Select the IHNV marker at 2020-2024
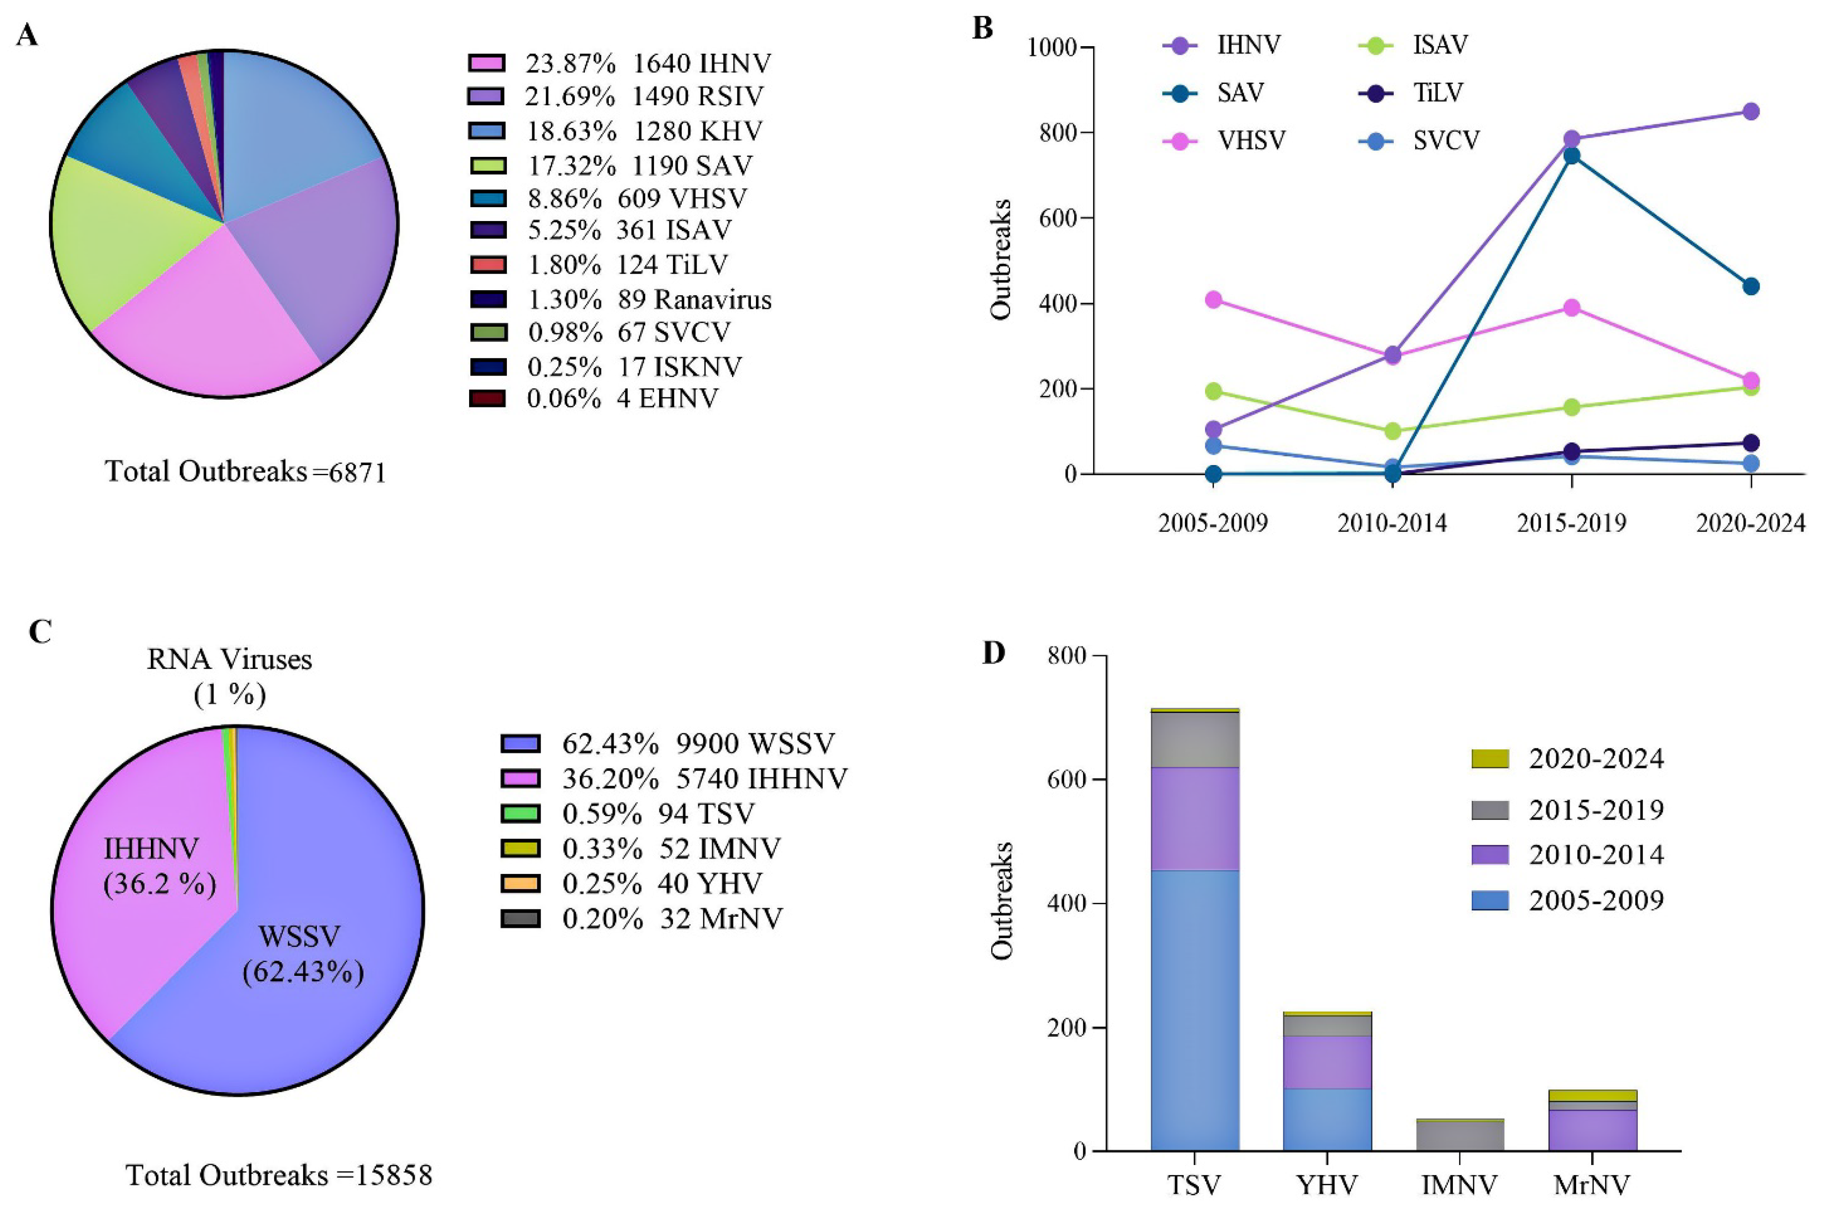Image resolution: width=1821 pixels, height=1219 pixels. click(x=1750, y=111)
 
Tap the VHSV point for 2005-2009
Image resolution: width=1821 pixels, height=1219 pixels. click(x=1213, y=300)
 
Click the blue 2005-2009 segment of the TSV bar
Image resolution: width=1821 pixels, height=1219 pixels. click(x=1195, y=1010)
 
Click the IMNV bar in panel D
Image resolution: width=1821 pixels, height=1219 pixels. click(x=1459, y=1135)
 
